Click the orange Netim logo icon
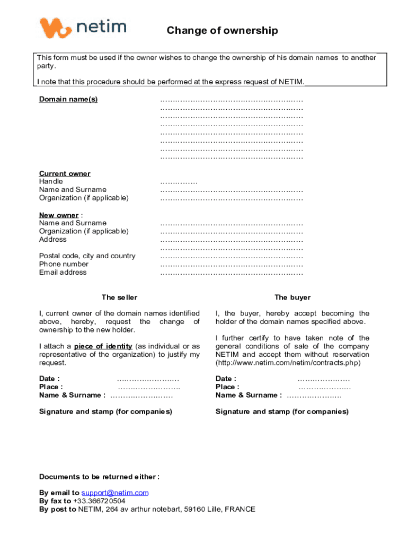coord(55,27)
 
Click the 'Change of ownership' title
coord(222,31)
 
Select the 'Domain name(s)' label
coord(68,100)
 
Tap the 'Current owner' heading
coord(65,173)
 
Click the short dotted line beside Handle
coord(179,182)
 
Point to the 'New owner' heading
coord(59,215)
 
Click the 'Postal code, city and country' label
coord(87,256)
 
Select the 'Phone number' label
coord(64,264)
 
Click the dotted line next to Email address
coord(232,273)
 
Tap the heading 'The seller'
coord(119,297)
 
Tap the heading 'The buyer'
coord(292,297)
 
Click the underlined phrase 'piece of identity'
coord(103,347)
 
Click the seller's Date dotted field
coord(148,379)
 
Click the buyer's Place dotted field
coord(324,387)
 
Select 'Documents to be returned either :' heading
coord(100,477)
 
